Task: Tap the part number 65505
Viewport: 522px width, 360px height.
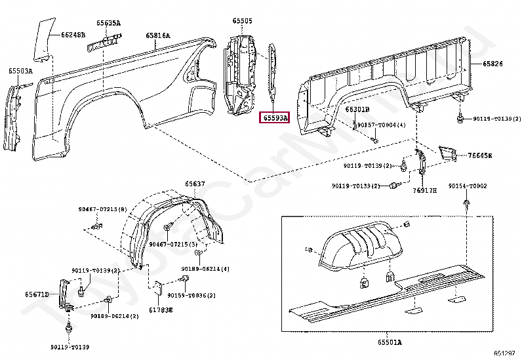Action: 241,21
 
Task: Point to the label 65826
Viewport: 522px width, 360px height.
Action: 493,64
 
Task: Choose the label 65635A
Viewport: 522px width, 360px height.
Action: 109,23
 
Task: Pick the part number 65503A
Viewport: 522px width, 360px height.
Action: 20,70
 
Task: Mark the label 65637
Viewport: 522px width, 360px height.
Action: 194,184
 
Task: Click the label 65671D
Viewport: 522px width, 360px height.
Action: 37,294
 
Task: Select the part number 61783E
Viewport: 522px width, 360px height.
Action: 160,310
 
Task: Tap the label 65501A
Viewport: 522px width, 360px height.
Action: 390,342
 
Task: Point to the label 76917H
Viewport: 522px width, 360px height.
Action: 425,191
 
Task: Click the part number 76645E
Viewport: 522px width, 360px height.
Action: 480,155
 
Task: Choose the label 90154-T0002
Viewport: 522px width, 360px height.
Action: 468,186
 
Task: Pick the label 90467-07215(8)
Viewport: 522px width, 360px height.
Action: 103,209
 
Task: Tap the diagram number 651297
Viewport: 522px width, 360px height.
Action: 504,353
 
